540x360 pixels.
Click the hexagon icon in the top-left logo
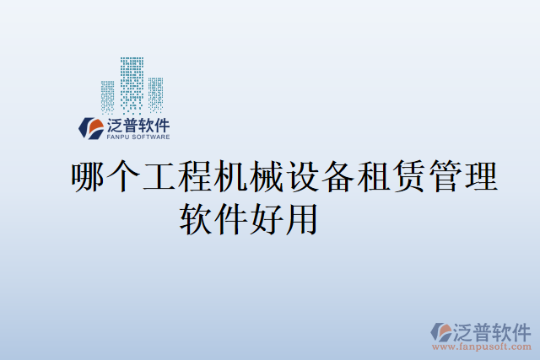pos(91,127)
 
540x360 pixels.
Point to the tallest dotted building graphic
pos(132,84)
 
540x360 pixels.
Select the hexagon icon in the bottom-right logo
pos(441,332)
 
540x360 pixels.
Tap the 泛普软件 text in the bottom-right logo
pos(492,329)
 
